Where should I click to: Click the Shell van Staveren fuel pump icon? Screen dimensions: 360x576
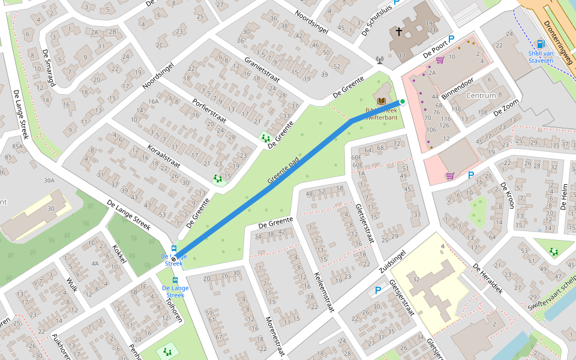tap(540, 44)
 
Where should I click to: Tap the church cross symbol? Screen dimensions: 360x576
tap(398, 31)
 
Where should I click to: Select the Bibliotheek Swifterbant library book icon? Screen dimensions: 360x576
tap(382, 100)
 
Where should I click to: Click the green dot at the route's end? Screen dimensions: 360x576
tap(403, 101)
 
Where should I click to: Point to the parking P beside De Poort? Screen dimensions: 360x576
tap(451, 38)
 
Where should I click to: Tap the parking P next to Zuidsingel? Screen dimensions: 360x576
tap(377, 290)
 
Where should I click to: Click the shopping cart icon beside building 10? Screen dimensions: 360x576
tap(440, 60)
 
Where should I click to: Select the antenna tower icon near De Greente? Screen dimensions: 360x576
tap(379, 60)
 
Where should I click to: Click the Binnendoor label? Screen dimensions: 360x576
tap(457, 88)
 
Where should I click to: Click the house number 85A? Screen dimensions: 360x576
tap(17, 146)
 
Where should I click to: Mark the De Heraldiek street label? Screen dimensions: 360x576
tap(487, 275)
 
